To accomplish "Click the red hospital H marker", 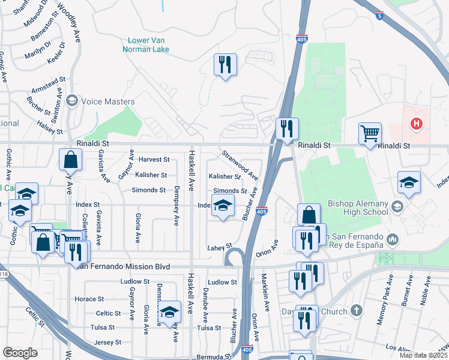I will point(415,124).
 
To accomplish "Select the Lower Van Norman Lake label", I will point(146,45).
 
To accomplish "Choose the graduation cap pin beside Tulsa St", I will point(170,311).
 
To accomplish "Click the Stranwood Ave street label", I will point(240,166).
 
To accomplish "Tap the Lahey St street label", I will point(219,247).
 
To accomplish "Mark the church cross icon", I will point(357,311).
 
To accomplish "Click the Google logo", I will point(20,353).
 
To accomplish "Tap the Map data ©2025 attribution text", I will point(423,356).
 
